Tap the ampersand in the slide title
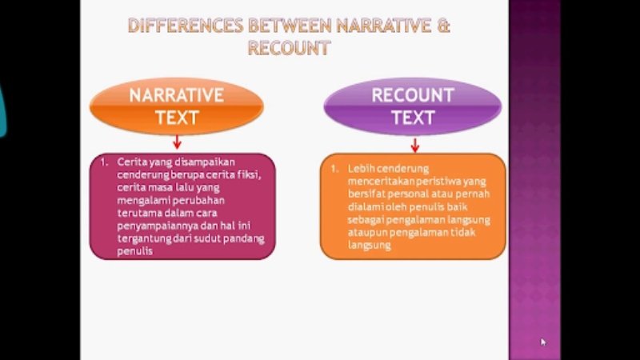443,26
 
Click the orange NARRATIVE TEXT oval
177,106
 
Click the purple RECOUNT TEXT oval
412,106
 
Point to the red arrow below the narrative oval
177,142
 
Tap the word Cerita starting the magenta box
131,162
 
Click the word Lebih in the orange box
362,169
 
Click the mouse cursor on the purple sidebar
543,342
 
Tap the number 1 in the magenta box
104,162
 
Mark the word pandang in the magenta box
244,238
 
